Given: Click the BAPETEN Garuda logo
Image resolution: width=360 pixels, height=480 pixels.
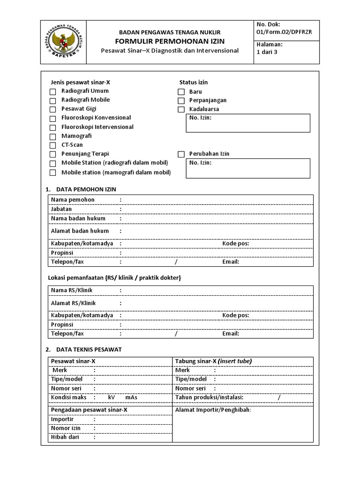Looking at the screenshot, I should point(64,42).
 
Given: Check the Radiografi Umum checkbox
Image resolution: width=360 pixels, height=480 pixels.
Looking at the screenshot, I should point(53,91).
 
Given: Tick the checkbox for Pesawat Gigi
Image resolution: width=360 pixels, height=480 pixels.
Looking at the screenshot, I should point(53,109).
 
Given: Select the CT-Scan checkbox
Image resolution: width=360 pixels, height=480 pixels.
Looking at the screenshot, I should point(53,145).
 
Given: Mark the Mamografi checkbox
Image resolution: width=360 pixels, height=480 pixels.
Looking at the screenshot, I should point(53,136).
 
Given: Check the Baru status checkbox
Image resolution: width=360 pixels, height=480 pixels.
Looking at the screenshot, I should point(181,92).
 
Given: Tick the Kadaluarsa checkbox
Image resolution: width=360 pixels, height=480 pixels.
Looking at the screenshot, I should point(181,110).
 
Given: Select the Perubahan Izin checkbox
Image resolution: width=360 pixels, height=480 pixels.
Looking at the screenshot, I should point(181,154).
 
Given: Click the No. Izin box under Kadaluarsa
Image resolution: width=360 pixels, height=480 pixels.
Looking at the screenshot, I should point(248,123).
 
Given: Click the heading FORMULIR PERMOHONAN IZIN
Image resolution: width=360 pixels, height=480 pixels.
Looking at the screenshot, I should point(170,41).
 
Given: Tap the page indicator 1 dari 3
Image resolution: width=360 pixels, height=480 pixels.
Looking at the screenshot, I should point(267,52).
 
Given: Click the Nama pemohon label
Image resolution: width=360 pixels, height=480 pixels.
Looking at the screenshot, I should point(73,200).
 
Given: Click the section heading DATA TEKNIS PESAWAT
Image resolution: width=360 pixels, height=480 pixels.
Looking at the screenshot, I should point(89,350).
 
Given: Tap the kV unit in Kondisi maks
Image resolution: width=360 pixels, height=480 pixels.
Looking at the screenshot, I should point(111,397).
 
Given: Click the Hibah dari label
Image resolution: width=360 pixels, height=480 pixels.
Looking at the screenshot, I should point(65,437).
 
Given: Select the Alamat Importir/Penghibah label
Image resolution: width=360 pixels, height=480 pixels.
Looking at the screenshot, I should point(213,410).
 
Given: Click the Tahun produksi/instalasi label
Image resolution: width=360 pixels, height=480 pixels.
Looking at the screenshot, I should point(209,397).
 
